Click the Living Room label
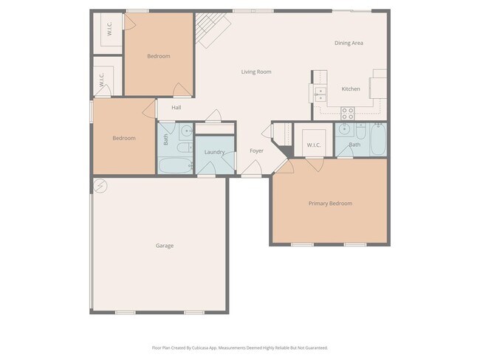point(256,72)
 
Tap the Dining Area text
point(349,43)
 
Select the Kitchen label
point(351,89)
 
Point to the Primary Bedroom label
point(330,203)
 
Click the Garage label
point(165,246)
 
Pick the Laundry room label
point(214,152)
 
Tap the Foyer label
point(256,151)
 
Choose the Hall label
point(176,108)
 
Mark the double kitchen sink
point(320,94)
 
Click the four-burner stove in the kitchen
point(347,113)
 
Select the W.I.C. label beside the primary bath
point(314,145)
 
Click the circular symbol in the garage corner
point(101,185)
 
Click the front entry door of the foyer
point(251,175)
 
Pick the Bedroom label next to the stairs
point(158,56)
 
